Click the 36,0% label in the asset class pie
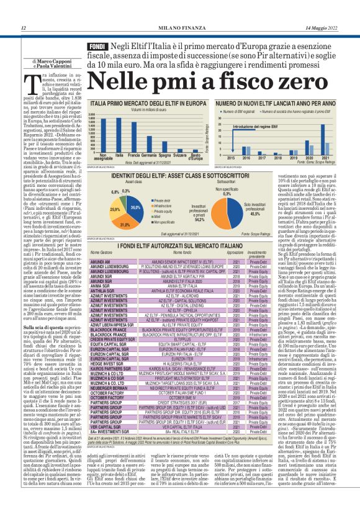point(135,207)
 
